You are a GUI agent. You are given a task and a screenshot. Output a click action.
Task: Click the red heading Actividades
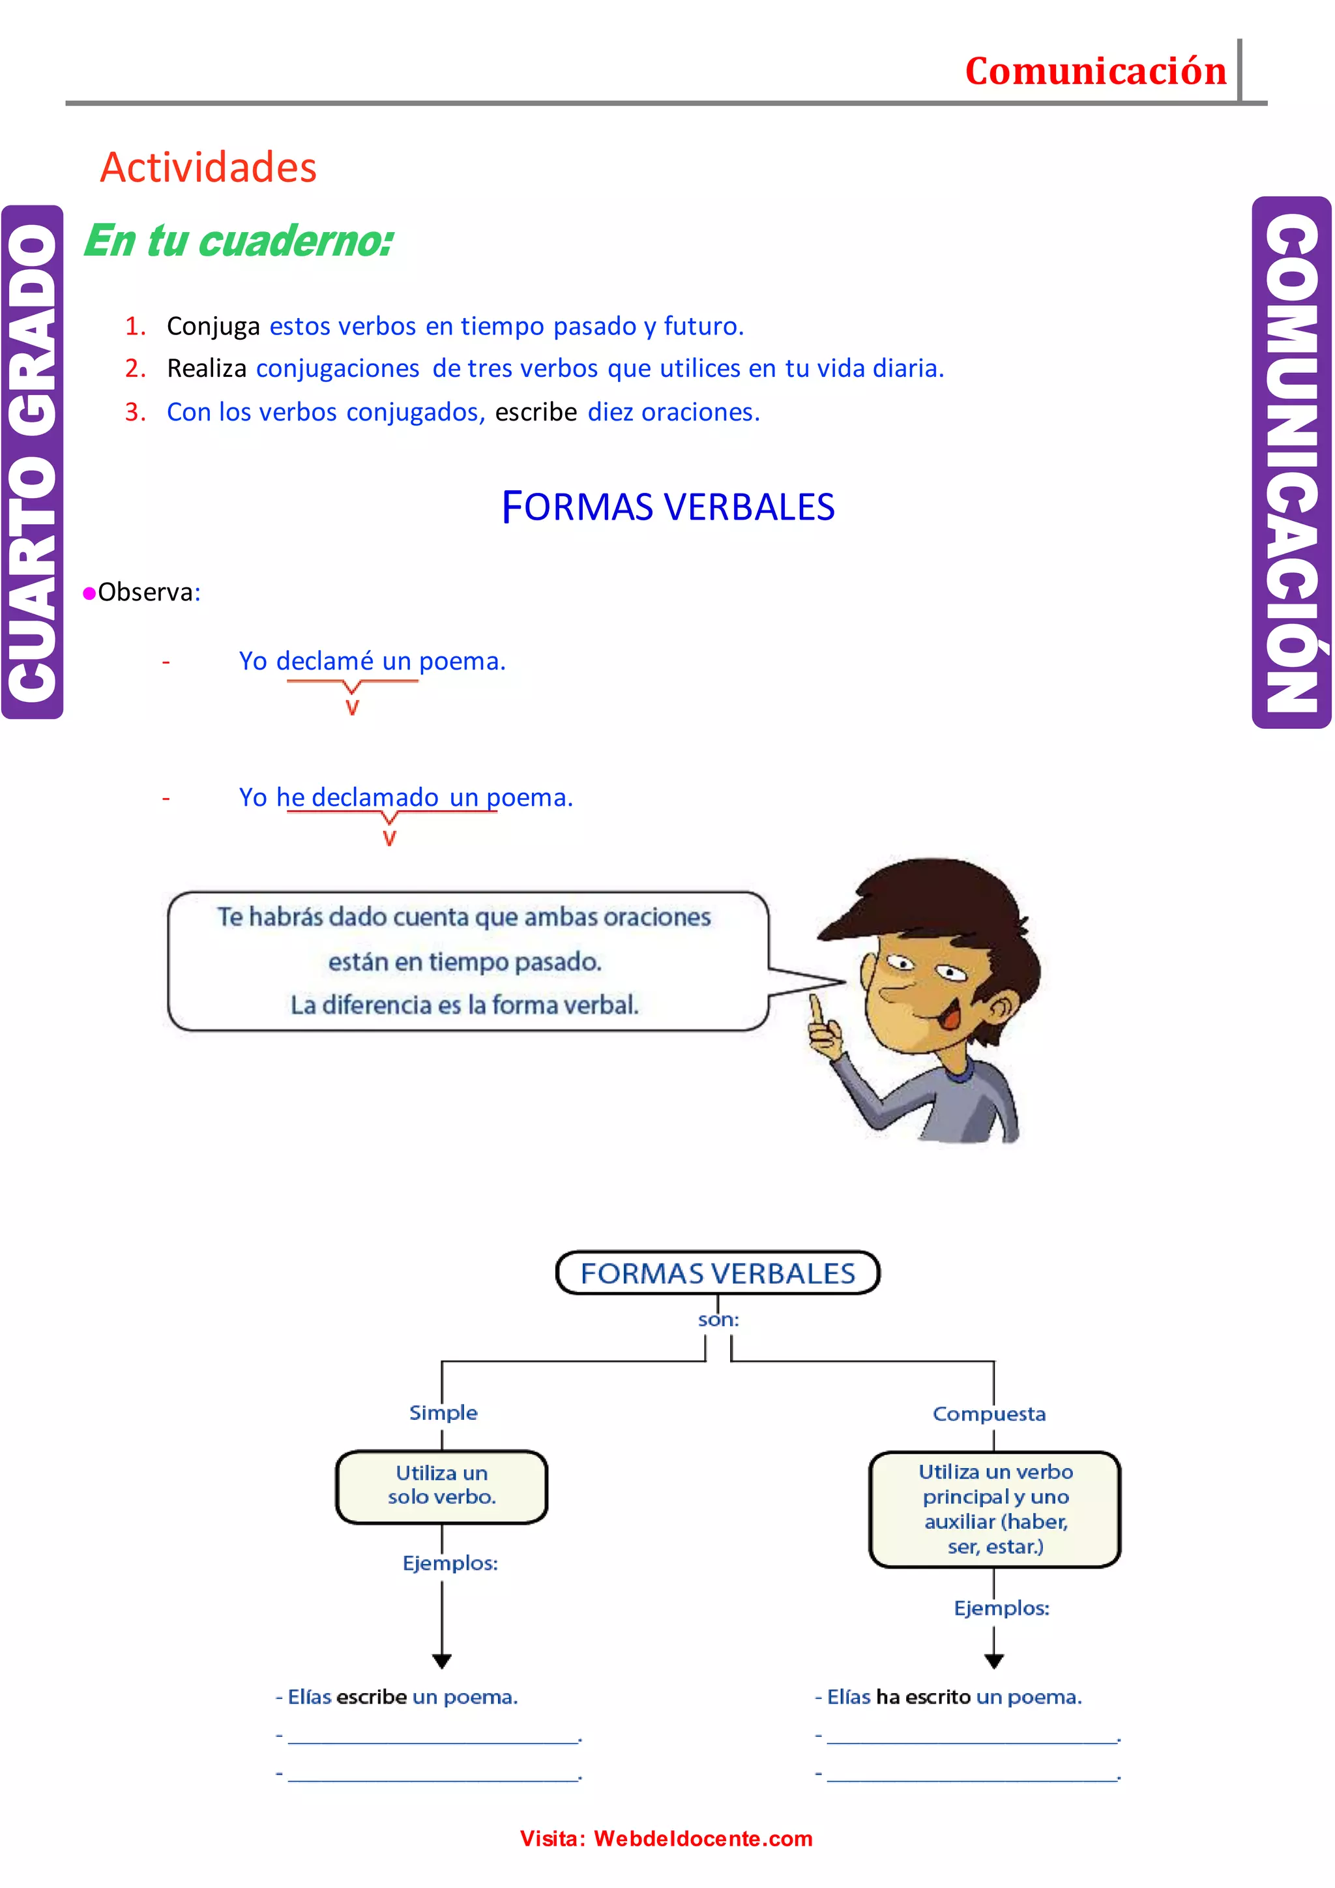coord(208,168)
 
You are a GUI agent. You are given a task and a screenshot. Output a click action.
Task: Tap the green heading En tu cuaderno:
coord(239,241)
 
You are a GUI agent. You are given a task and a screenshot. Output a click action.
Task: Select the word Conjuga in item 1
coord(213,327)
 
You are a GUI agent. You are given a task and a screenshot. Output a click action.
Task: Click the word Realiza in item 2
coord(207,368)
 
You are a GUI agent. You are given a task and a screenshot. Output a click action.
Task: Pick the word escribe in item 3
coord(535,412)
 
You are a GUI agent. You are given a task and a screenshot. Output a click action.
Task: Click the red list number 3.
coord(134,412)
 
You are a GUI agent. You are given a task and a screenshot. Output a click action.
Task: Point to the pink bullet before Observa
coord(89,594)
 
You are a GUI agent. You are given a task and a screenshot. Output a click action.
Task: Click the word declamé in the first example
coord(325,661)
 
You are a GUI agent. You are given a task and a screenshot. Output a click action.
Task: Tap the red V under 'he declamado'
coord(390,839)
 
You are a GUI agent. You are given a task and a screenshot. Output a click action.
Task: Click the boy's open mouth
coord(951,1017)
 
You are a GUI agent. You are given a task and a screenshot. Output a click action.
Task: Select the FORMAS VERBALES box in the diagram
coord(718,1273)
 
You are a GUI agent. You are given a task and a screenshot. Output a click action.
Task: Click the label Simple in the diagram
coord(443,1413)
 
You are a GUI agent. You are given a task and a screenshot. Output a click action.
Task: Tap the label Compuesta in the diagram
coord(989,1414)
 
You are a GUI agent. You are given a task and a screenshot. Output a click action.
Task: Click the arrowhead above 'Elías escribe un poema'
coord(441,1661)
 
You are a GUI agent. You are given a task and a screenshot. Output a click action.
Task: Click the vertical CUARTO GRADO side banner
coord(33,462)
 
